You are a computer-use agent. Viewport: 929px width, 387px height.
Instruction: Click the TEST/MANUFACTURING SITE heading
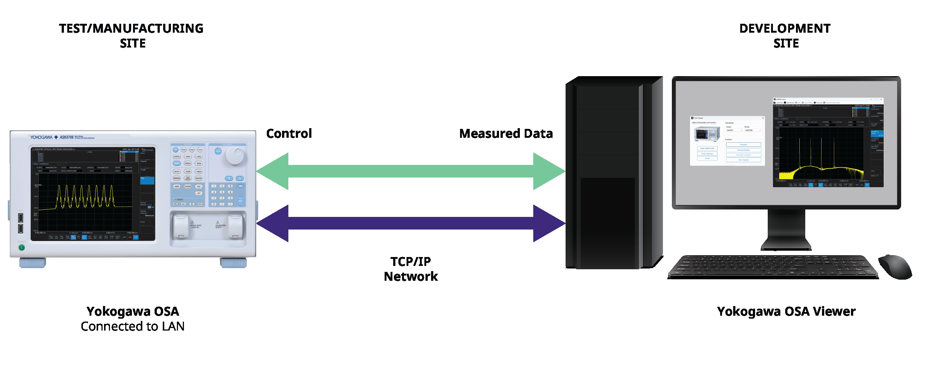click(x=131, y=36)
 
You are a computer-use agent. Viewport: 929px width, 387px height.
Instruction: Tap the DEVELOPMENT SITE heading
click(x=785, y=36)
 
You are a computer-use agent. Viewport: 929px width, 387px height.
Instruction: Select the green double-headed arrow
click(x=411, y=171)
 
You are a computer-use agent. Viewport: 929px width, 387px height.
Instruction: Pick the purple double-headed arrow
click(x=411, y=223)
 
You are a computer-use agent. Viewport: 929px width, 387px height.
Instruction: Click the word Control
click(x=289, y=134)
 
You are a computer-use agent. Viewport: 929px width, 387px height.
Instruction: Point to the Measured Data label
click(x=506, y=134)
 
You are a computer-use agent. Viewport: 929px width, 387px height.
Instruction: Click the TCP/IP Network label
click(x=411, y=269)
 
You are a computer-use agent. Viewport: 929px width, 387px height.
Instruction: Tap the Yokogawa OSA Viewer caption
click(x=786, y=311)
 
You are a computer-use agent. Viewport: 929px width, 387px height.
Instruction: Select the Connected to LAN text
click(x=133, y=326)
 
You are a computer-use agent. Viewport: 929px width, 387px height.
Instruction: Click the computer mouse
click(x=895, y=267)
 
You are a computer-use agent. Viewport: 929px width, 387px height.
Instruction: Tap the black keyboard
click(x=773, y=267)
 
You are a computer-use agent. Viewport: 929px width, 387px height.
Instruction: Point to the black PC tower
click(x=613, y=173)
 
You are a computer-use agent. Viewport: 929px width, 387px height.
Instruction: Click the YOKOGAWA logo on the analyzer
click(x=41, y=137)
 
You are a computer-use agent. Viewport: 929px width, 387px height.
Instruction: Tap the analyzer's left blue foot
click(x=33, y=263)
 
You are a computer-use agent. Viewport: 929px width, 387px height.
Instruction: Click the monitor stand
click(x=786, y=230)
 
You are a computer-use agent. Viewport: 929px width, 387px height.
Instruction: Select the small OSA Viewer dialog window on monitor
click(x=727, y=141)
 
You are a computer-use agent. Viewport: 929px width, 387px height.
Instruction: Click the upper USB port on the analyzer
click(x=21, y=218)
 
